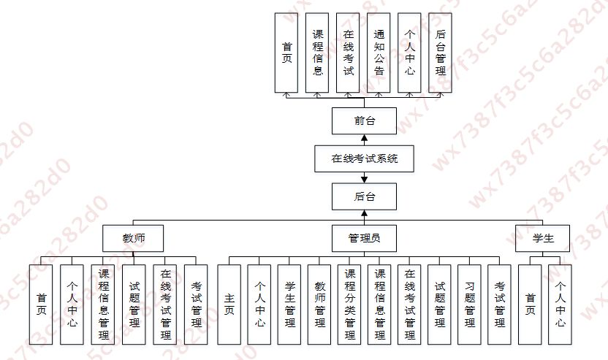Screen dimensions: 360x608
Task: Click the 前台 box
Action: (364, 120)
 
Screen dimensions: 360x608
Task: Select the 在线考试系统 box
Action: (364, 158)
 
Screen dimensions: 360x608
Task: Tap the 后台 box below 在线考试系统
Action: (364, 196)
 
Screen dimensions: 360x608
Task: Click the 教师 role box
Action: (132, 237)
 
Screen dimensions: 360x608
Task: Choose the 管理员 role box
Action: (364, 237)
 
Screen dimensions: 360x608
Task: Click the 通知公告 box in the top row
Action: (379, 53)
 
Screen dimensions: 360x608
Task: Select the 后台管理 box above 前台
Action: (440, 53)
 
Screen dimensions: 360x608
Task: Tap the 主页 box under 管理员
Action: (229, 301)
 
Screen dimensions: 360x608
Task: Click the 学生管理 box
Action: (289, 301)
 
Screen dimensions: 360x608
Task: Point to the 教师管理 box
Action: (319, 301)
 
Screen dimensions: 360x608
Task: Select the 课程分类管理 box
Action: (350, 301)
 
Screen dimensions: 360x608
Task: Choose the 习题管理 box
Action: (470, 301)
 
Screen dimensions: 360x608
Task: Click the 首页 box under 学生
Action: (530, 301)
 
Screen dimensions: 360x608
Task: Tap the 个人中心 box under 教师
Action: (72, 301)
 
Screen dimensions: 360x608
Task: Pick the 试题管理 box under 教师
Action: (134, 301)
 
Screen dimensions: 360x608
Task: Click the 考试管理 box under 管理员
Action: (500, 301)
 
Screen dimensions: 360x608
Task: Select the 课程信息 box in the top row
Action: (317, 53)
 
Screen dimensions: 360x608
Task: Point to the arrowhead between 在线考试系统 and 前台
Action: (364, 138)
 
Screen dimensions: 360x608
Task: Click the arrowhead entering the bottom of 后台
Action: (364, 213)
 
